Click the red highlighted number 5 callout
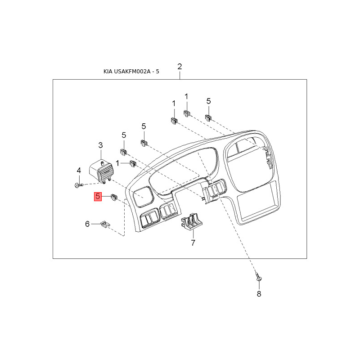tap(98, 197)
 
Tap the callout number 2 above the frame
tap(180, 66)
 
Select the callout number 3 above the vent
tap(100, 145)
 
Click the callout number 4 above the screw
tap(79, 171)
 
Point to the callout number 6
tap(87, 224)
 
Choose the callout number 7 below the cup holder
tap(193, 243)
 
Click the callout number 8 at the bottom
tap(259, 294)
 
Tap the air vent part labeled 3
tap(101, 171)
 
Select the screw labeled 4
tap(79, 185)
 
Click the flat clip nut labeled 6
tap(105, 224)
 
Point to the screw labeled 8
tap(259, 276)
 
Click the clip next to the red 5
tap(114, 197)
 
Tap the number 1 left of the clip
tap(117, 163)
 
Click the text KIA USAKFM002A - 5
tap(131, 72)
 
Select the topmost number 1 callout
tap(186, 97)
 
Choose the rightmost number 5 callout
tap(208, 101)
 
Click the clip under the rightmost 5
tap(208, 118)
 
